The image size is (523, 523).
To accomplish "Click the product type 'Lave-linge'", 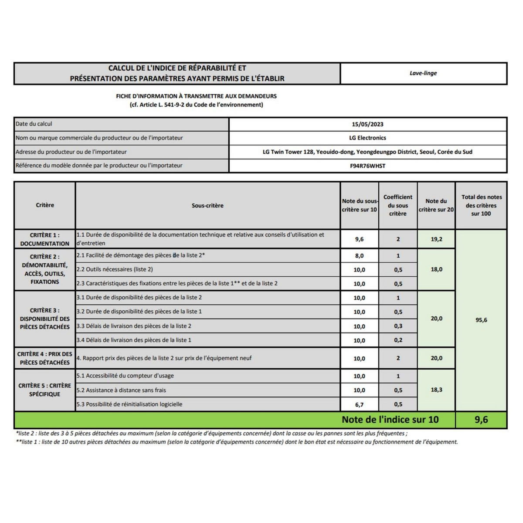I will [423, 73].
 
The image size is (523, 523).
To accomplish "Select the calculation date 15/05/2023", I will [367, 124].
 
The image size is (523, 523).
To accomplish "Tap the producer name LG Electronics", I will [367, 138].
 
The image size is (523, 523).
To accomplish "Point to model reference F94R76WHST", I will [367, 166].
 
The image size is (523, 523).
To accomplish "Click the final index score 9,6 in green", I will [481, 420].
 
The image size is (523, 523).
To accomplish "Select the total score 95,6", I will [481, 320].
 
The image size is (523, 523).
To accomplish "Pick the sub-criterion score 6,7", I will [359, 404].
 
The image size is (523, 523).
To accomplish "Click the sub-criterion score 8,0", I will [359, 256].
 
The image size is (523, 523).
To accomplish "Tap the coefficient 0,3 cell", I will [398, 326].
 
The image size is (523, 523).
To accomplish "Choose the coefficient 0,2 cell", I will [398, 340].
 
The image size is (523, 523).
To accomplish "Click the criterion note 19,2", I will [436, 239].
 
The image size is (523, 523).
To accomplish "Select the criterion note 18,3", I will [436, 390].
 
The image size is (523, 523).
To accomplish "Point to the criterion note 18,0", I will [436, 269].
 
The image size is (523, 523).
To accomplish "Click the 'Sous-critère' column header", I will [207, 205].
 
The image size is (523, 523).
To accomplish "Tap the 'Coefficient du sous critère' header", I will [398, 205].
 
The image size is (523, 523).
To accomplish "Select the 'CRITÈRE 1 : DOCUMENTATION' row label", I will [44, 239].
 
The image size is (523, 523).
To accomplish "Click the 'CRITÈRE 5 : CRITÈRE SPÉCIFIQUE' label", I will [44, 390].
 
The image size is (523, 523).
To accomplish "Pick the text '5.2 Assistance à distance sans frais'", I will [121, 390].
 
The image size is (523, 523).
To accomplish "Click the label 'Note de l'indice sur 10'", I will [390, 420].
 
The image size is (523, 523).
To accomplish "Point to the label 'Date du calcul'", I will [34, 124].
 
